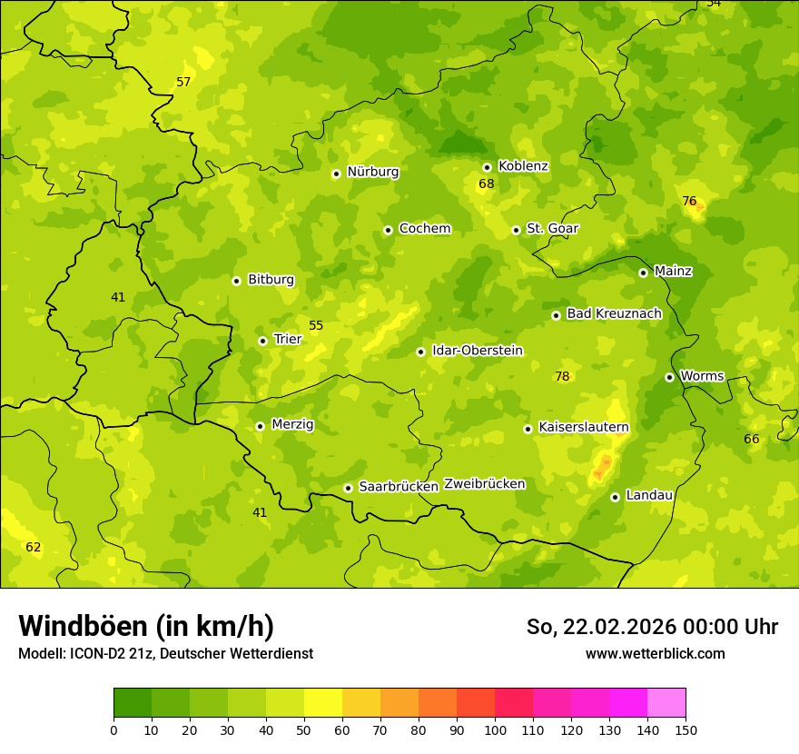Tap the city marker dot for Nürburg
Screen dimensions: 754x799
tap(336, 174)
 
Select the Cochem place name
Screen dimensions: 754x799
tap(424, 229)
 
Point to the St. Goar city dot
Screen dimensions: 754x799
tap(516, 230)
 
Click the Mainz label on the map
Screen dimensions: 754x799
tap(673, 272)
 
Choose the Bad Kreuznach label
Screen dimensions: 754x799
tap(614, 313)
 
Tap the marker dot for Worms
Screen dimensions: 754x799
tap(669, 377)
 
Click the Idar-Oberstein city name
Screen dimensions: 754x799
tap(477, 351)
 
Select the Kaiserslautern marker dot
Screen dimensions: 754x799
tap(528, 429)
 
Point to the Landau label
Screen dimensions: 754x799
tap(649, 495)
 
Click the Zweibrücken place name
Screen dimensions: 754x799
tap(484, 484)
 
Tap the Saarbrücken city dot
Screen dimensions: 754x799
tap(348, 488)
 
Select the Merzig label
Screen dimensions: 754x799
tap(292, 424)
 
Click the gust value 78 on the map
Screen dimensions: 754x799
tap(562, 376)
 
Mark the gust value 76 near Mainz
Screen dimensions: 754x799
tap(689, 201)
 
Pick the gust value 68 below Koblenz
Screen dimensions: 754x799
tap(487, 184)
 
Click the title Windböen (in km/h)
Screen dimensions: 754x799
tap(146, 626)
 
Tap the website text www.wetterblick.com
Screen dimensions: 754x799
tap(655, 653)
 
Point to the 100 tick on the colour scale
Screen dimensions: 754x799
tap(495, 729)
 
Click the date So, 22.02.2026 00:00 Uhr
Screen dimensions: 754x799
tap(652, 627)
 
